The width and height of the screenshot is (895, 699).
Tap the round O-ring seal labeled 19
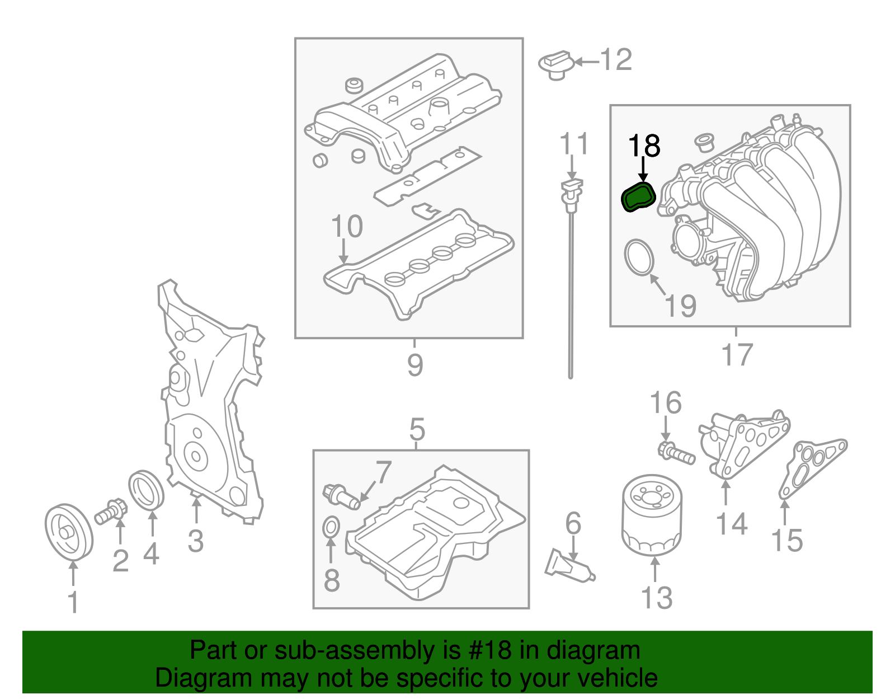[x=639, y=257]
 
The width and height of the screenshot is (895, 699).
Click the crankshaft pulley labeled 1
[x=68, y=531]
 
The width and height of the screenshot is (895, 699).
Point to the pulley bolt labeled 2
[x=112, y=512]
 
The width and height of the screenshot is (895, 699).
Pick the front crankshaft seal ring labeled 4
[x=147, y=490]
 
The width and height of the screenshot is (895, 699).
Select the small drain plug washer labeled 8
[x=331, y=527]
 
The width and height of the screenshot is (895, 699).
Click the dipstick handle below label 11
[x=571, y=190]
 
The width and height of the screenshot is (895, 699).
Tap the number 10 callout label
[x=347, y=227]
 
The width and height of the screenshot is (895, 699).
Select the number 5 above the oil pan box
[x=417, y=429]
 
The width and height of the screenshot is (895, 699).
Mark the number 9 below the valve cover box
[x=414, y=365]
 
